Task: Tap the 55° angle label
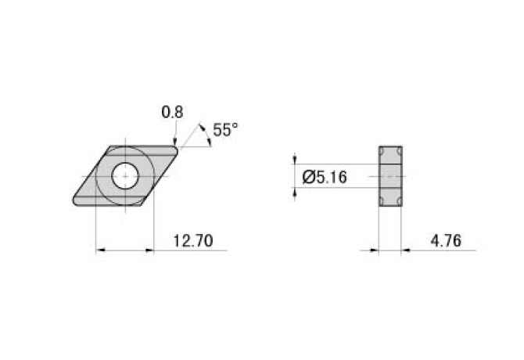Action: pyautogui.click(x=223, y=131)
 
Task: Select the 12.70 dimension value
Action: pyautogui.click(x=192, y=240)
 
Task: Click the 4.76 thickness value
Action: pyautogui.click(x=444, y=240)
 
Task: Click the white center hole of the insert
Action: pyautogui.click(x=124, y=176)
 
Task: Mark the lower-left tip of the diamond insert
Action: pyautogui.click(x=75, y=204)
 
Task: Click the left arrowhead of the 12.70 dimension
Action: pyautogui.click(x=100, y=250)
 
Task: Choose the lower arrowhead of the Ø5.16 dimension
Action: pyautogui.click(x=295, y=193)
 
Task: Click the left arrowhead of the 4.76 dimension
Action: pyautogui.click(x=374, y=250)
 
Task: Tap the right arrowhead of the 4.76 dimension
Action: pyautogui.click(x=407, y=250)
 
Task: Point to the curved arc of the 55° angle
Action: pyautogui.click(x=206, y=135)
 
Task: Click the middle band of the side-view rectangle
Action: pyautogui.click(x=390, y=176)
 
